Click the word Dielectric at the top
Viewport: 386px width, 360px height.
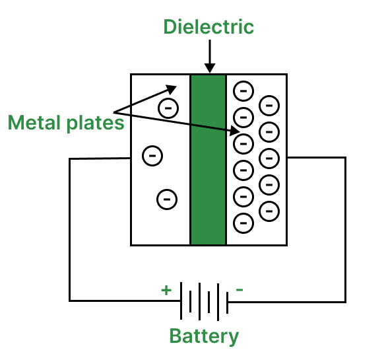(209, 27)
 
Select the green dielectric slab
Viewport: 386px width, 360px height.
(208, 159)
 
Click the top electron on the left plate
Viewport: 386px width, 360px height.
(168, 107)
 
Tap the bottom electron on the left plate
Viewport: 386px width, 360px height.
(167, 198)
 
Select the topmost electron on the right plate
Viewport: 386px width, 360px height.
(243, 89)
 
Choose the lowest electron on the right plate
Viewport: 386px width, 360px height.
(243, 222)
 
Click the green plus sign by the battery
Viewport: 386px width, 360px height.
(166, 289)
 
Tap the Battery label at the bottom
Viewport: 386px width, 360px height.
(204, 336)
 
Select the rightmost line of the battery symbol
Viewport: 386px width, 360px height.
(228, 301)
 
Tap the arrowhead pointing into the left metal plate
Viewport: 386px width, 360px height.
(173, 88)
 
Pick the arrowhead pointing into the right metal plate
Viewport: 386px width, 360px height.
(236, 131)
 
